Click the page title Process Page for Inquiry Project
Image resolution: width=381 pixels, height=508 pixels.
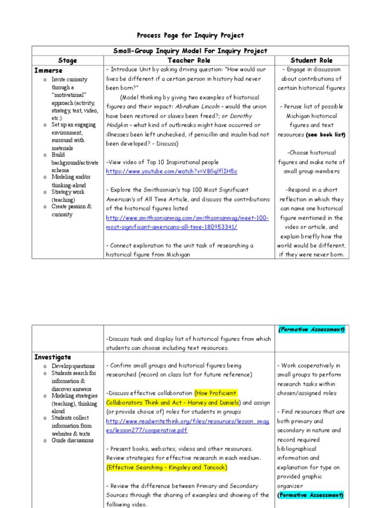tap(190, 35)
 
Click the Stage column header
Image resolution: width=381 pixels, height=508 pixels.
tap(67, 61)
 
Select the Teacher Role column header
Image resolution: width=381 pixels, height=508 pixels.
tap(190, 61)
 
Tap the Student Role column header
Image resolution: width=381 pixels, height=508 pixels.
tap(312, 61)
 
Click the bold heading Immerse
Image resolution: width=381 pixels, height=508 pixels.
tap(48, 70)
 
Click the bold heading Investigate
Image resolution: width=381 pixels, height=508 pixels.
tap(53, 357)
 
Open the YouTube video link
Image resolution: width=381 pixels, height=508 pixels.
tap(172, 171)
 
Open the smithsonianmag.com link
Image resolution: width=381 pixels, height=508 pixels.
tap(187, 222)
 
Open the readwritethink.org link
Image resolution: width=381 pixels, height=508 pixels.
tap(187, 426)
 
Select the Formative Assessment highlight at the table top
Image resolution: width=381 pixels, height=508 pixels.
tap(312, 329)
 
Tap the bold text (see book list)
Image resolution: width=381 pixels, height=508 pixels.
tap(325, 134)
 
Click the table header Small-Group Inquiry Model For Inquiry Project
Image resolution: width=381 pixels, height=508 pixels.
tap(190, 51)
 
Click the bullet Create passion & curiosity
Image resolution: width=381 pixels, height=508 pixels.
tap(71, 210)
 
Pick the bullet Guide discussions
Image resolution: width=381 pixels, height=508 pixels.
tap(72, 440)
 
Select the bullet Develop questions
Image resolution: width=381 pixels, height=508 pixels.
tap(73, 366)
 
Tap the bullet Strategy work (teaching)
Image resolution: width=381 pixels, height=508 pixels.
tap(68, 195)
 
